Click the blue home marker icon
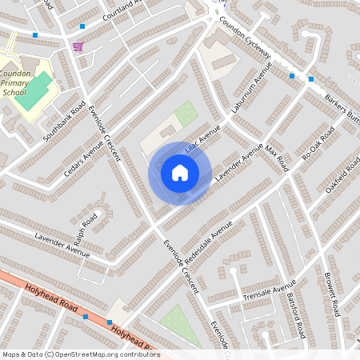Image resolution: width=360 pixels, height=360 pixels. (x=180, y=173)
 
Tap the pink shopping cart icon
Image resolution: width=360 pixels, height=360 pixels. (x=77, y=46)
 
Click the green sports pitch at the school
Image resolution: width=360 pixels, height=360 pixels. (x=36, y=90)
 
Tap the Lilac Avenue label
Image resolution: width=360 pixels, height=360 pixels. (x=202, y=144)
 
